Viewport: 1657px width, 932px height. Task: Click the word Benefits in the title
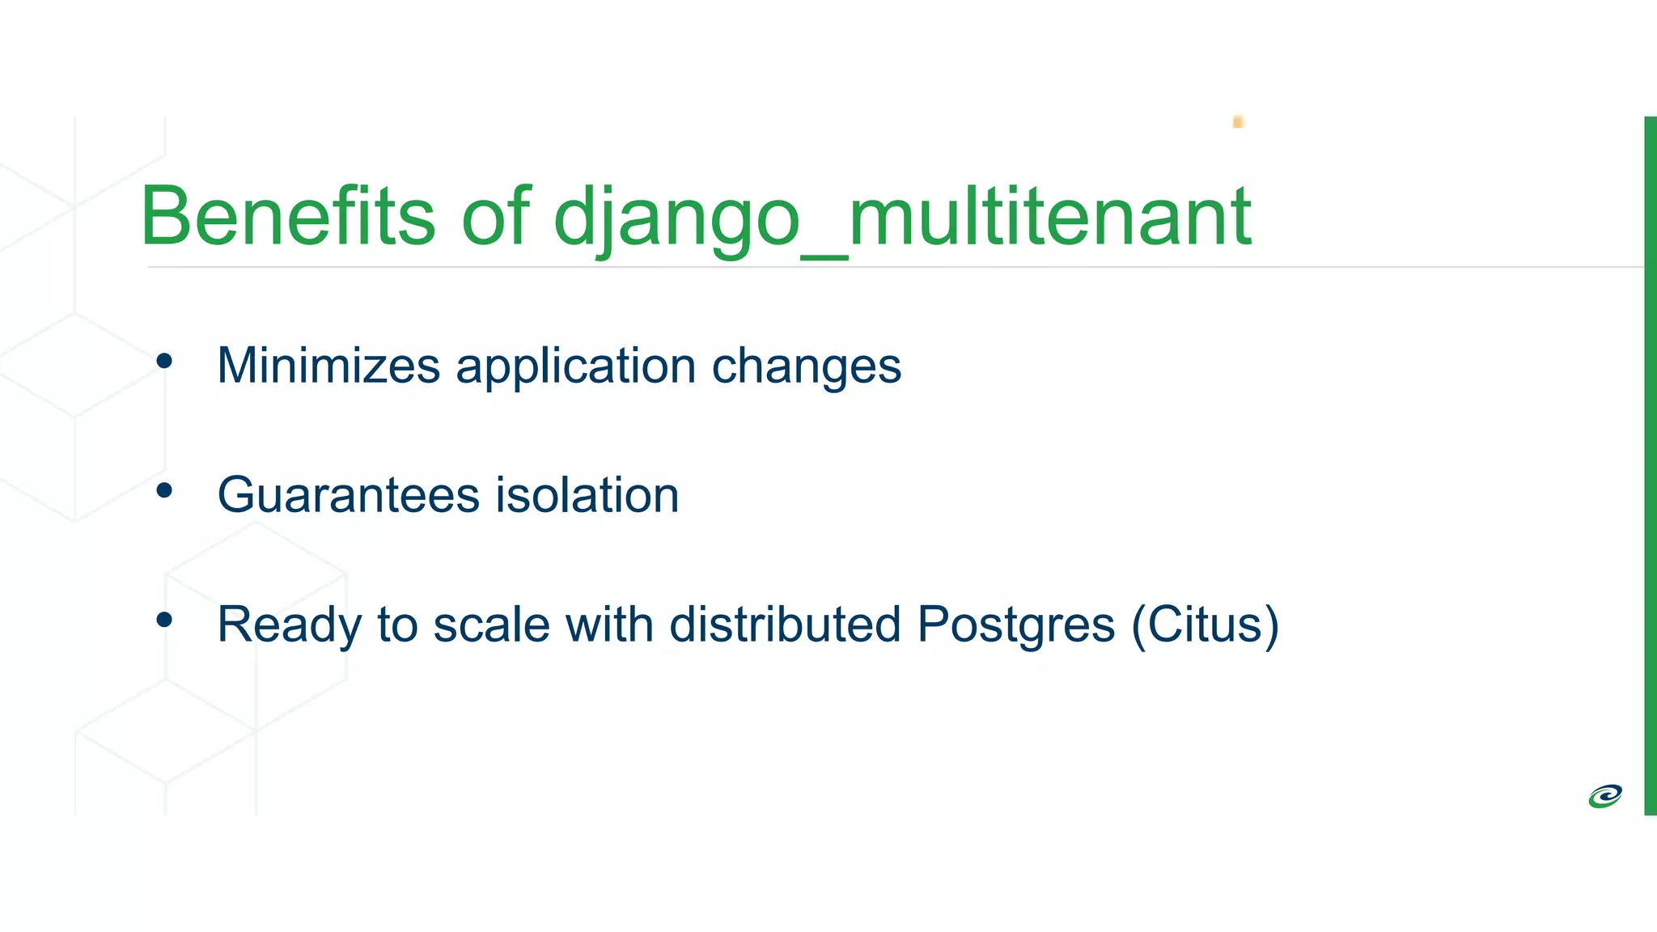coord(287,216)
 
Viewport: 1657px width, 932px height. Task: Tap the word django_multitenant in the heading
coord(902,216)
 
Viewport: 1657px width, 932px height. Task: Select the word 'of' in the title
coord(495,216)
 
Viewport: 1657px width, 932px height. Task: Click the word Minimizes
coord(328,366)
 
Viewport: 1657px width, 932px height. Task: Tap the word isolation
coord(587,495)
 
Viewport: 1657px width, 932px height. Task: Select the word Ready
coord(289,625)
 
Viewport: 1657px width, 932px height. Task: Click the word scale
coord(491,625)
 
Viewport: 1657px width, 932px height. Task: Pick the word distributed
coord(785,625)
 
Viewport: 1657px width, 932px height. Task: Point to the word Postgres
coord(1015,625)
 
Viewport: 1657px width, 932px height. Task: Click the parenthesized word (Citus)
coord(1205,625)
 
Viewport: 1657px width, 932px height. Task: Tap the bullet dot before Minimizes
coord(164,361)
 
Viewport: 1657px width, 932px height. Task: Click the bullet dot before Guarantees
coord(164,490)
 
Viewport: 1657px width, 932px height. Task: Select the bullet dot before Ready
coord(164,620)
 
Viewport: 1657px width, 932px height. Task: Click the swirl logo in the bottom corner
coord(1604,796)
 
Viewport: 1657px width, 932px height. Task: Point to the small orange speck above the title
coord(1238,122)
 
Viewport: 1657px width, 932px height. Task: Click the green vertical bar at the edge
coord(1650,465)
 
